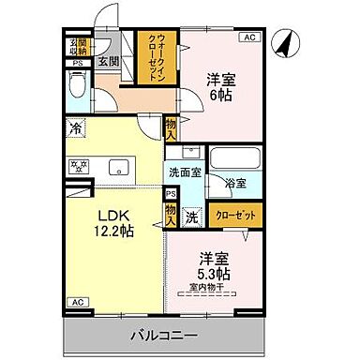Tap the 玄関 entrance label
109,62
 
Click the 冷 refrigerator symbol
74,128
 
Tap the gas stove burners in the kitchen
76,167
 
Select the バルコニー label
163,334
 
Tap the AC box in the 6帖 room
249,38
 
